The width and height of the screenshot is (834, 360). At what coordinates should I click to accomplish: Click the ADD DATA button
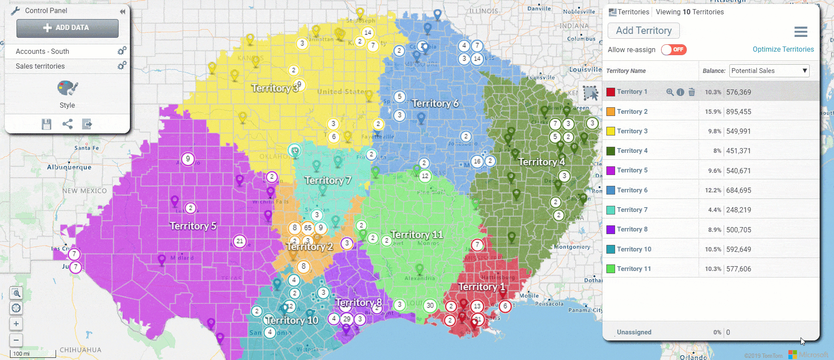click(x=67, y=28)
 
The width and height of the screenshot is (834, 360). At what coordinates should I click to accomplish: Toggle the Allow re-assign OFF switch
click(x=674, y=50)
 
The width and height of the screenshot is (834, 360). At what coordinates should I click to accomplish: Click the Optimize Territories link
click(x=783, y=49)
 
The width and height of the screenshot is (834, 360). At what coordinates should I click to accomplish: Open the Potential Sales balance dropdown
click(x=769, y=71)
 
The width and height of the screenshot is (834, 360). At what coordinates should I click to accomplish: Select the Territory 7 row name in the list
click(x=632, y=210)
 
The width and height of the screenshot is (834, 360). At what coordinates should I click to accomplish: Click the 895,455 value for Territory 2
click(x=738, y=112)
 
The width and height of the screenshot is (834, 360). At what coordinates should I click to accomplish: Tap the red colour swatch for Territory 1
click(x=611, y=92)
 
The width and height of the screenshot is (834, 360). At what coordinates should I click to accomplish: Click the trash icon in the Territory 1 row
click(x=692, y=92)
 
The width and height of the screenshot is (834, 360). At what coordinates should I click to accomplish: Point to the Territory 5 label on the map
click(x=193, y=226)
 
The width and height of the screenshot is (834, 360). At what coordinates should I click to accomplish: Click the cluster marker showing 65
click(x=308, y=228)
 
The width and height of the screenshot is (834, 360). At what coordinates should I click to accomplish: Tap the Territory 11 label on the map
click(x=417, y=234)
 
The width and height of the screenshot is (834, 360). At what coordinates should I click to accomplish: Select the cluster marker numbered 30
click(x=430, y=305)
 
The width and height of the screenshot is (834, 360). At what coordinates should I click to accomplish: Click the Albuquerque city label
click(x=69, y=167)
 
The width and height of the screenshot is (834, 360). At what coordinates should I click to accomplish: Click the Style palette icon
click(x=67, y=88)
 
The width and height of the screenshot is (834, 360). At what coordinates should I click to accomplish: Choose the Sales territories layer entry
click(x=40, y=66)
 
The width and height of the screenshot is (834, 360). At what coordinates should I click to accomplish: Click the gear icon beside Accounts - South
click(x=122, y=51)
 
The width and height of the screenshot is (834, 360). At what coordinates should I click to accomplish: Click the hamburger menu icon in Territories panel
click(x=801, y=31)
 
